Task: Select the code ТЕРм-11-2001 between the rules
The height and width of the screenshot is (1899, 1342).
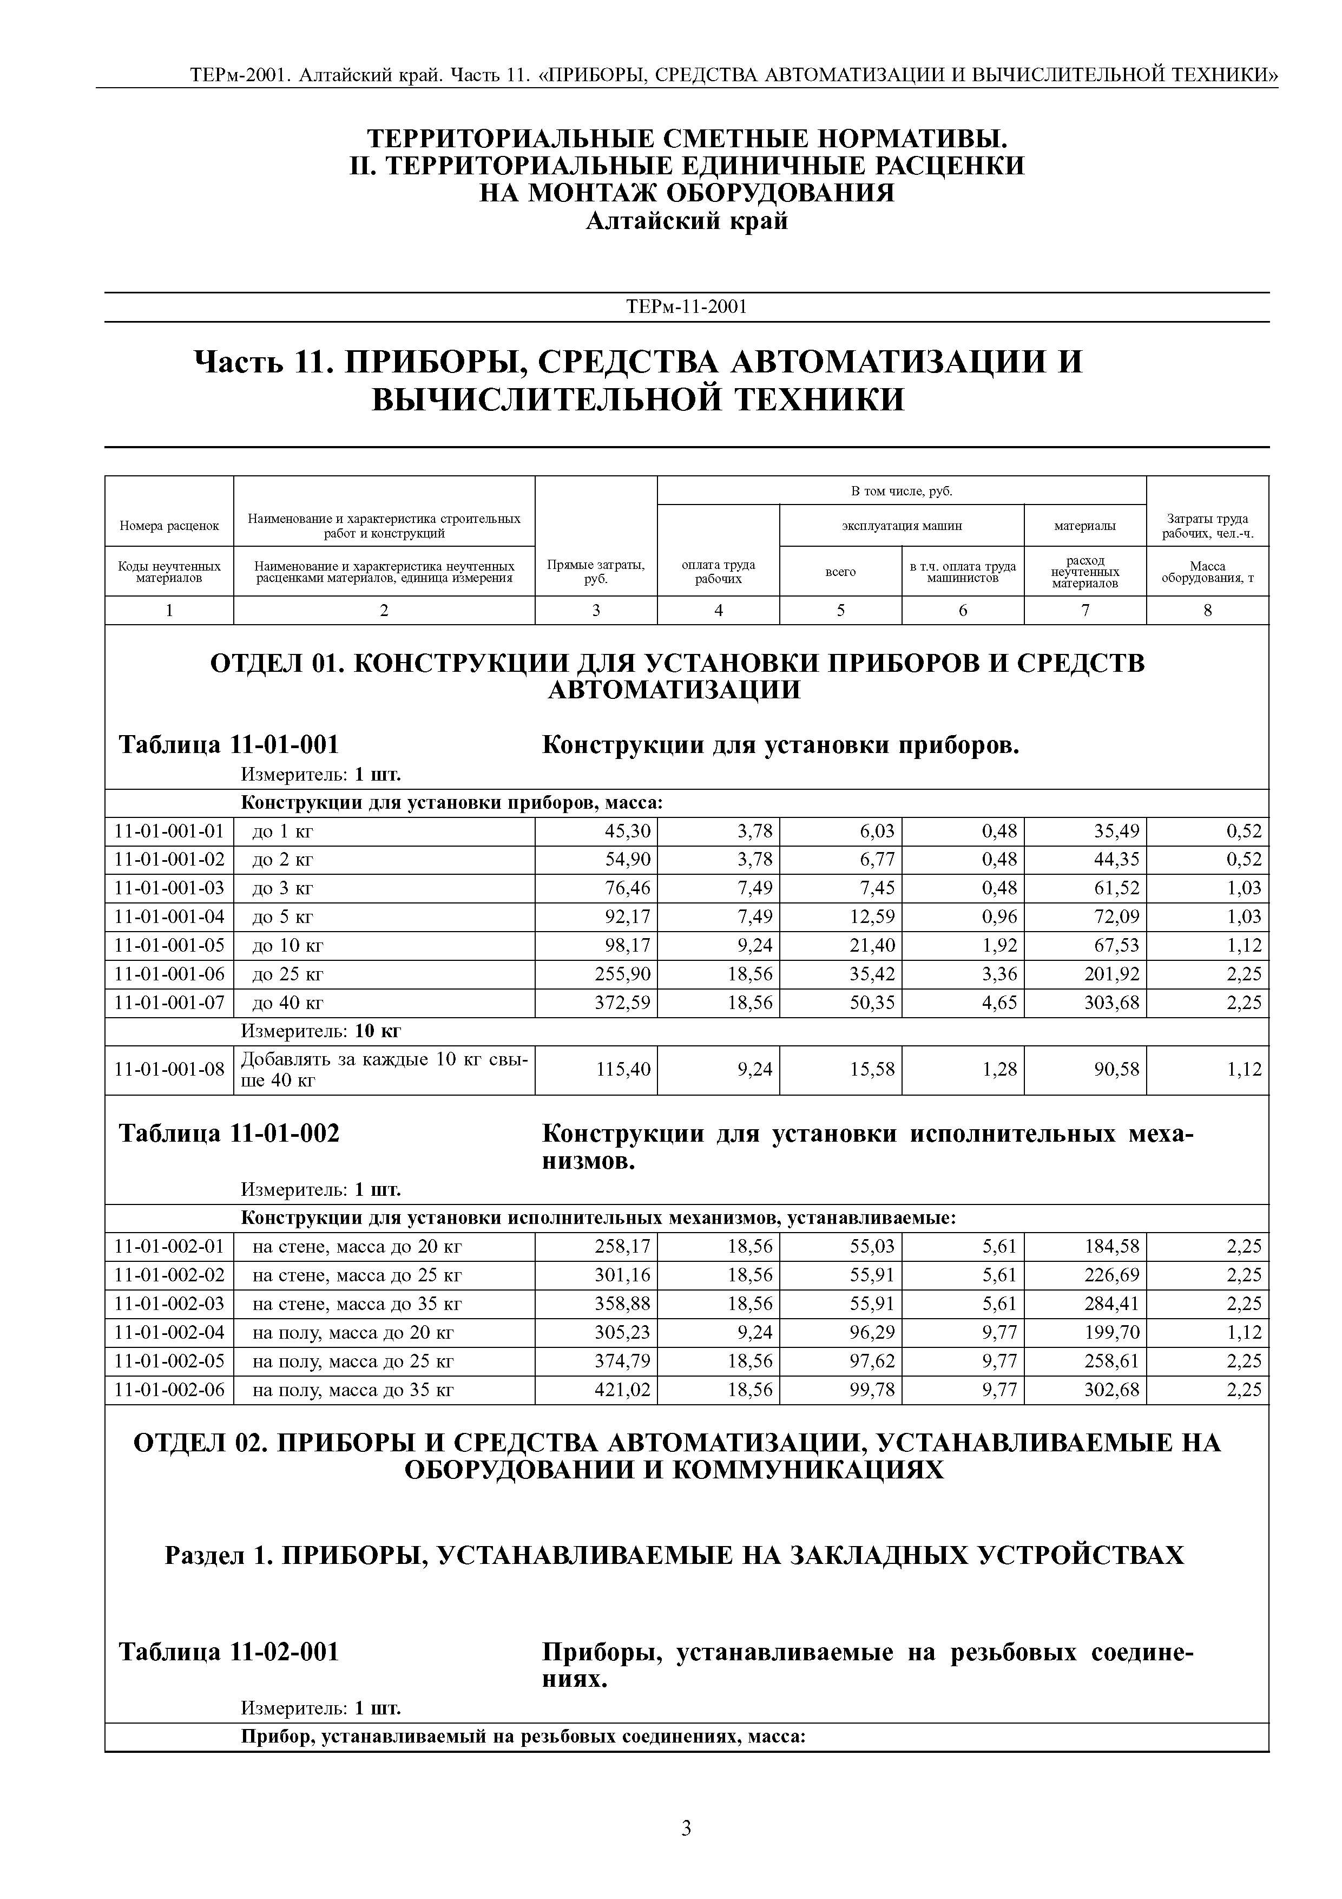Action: pyautogui.click(x=686, y=307)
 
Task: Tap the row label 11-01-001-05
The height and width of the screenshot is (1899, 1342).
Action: pyautogui.click(x=169, y=945)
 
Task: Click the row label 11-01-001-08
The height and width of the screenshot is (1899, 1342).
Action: pyautogui.click(x=169, y=1070)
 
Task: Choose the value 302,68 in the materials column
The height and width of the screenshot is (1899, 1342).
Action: pyautogui.click(x=1111, y=1390)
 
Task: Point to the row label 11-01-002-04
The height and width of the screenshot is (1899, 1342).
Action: pyautogui.click(x=169, y=1332)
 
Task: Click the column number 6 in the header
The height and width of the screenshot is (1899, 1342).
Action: pyautogui.click(x=963, y=611)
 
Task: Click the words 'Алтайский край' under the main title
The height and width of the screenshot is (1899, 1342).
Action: pyautogui.click(x=686, y=221)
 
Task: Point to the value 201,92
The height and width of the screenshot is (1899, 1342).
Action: pyautogui.click(x=1111, y=974)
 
